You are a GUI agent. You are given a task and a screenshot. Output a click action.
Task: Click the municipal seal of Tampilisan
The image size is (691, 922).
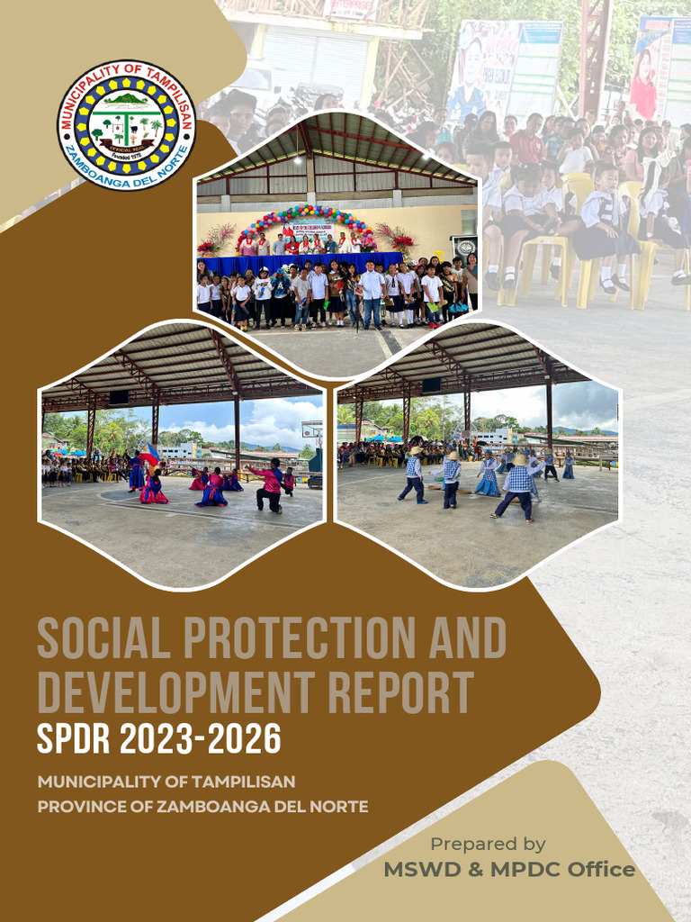pos(126,124)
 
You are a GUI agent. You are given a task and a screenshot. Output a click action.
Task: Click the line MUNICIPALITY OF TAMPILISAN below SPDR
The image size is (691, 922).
pos(166,782)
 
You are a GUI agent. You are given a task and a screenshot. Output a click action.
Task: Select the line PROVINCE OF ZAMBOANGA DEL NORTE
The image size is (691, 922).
pos(202,806)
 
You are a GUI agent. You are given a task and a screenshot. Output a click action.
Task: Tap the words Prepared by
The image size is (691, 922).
pos(488,844)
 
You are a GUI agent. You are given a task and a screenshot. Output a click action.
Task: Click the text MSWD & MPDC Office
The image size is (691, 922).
pos(509,870)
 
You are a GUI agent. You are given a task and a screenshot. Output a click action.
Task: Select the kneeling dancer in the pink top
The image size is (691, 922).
pos(269,485)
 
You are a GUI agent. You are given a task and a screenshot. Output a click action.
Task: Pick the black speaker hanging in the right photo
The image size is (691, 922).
pos(431,384)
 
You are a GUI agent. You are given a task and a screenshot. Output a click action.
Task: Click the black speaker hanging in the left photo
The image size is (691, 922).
pos(118,397)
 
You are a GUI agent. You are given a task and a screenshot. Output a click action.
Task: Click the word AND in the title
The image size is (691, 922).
pos(459,639)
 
